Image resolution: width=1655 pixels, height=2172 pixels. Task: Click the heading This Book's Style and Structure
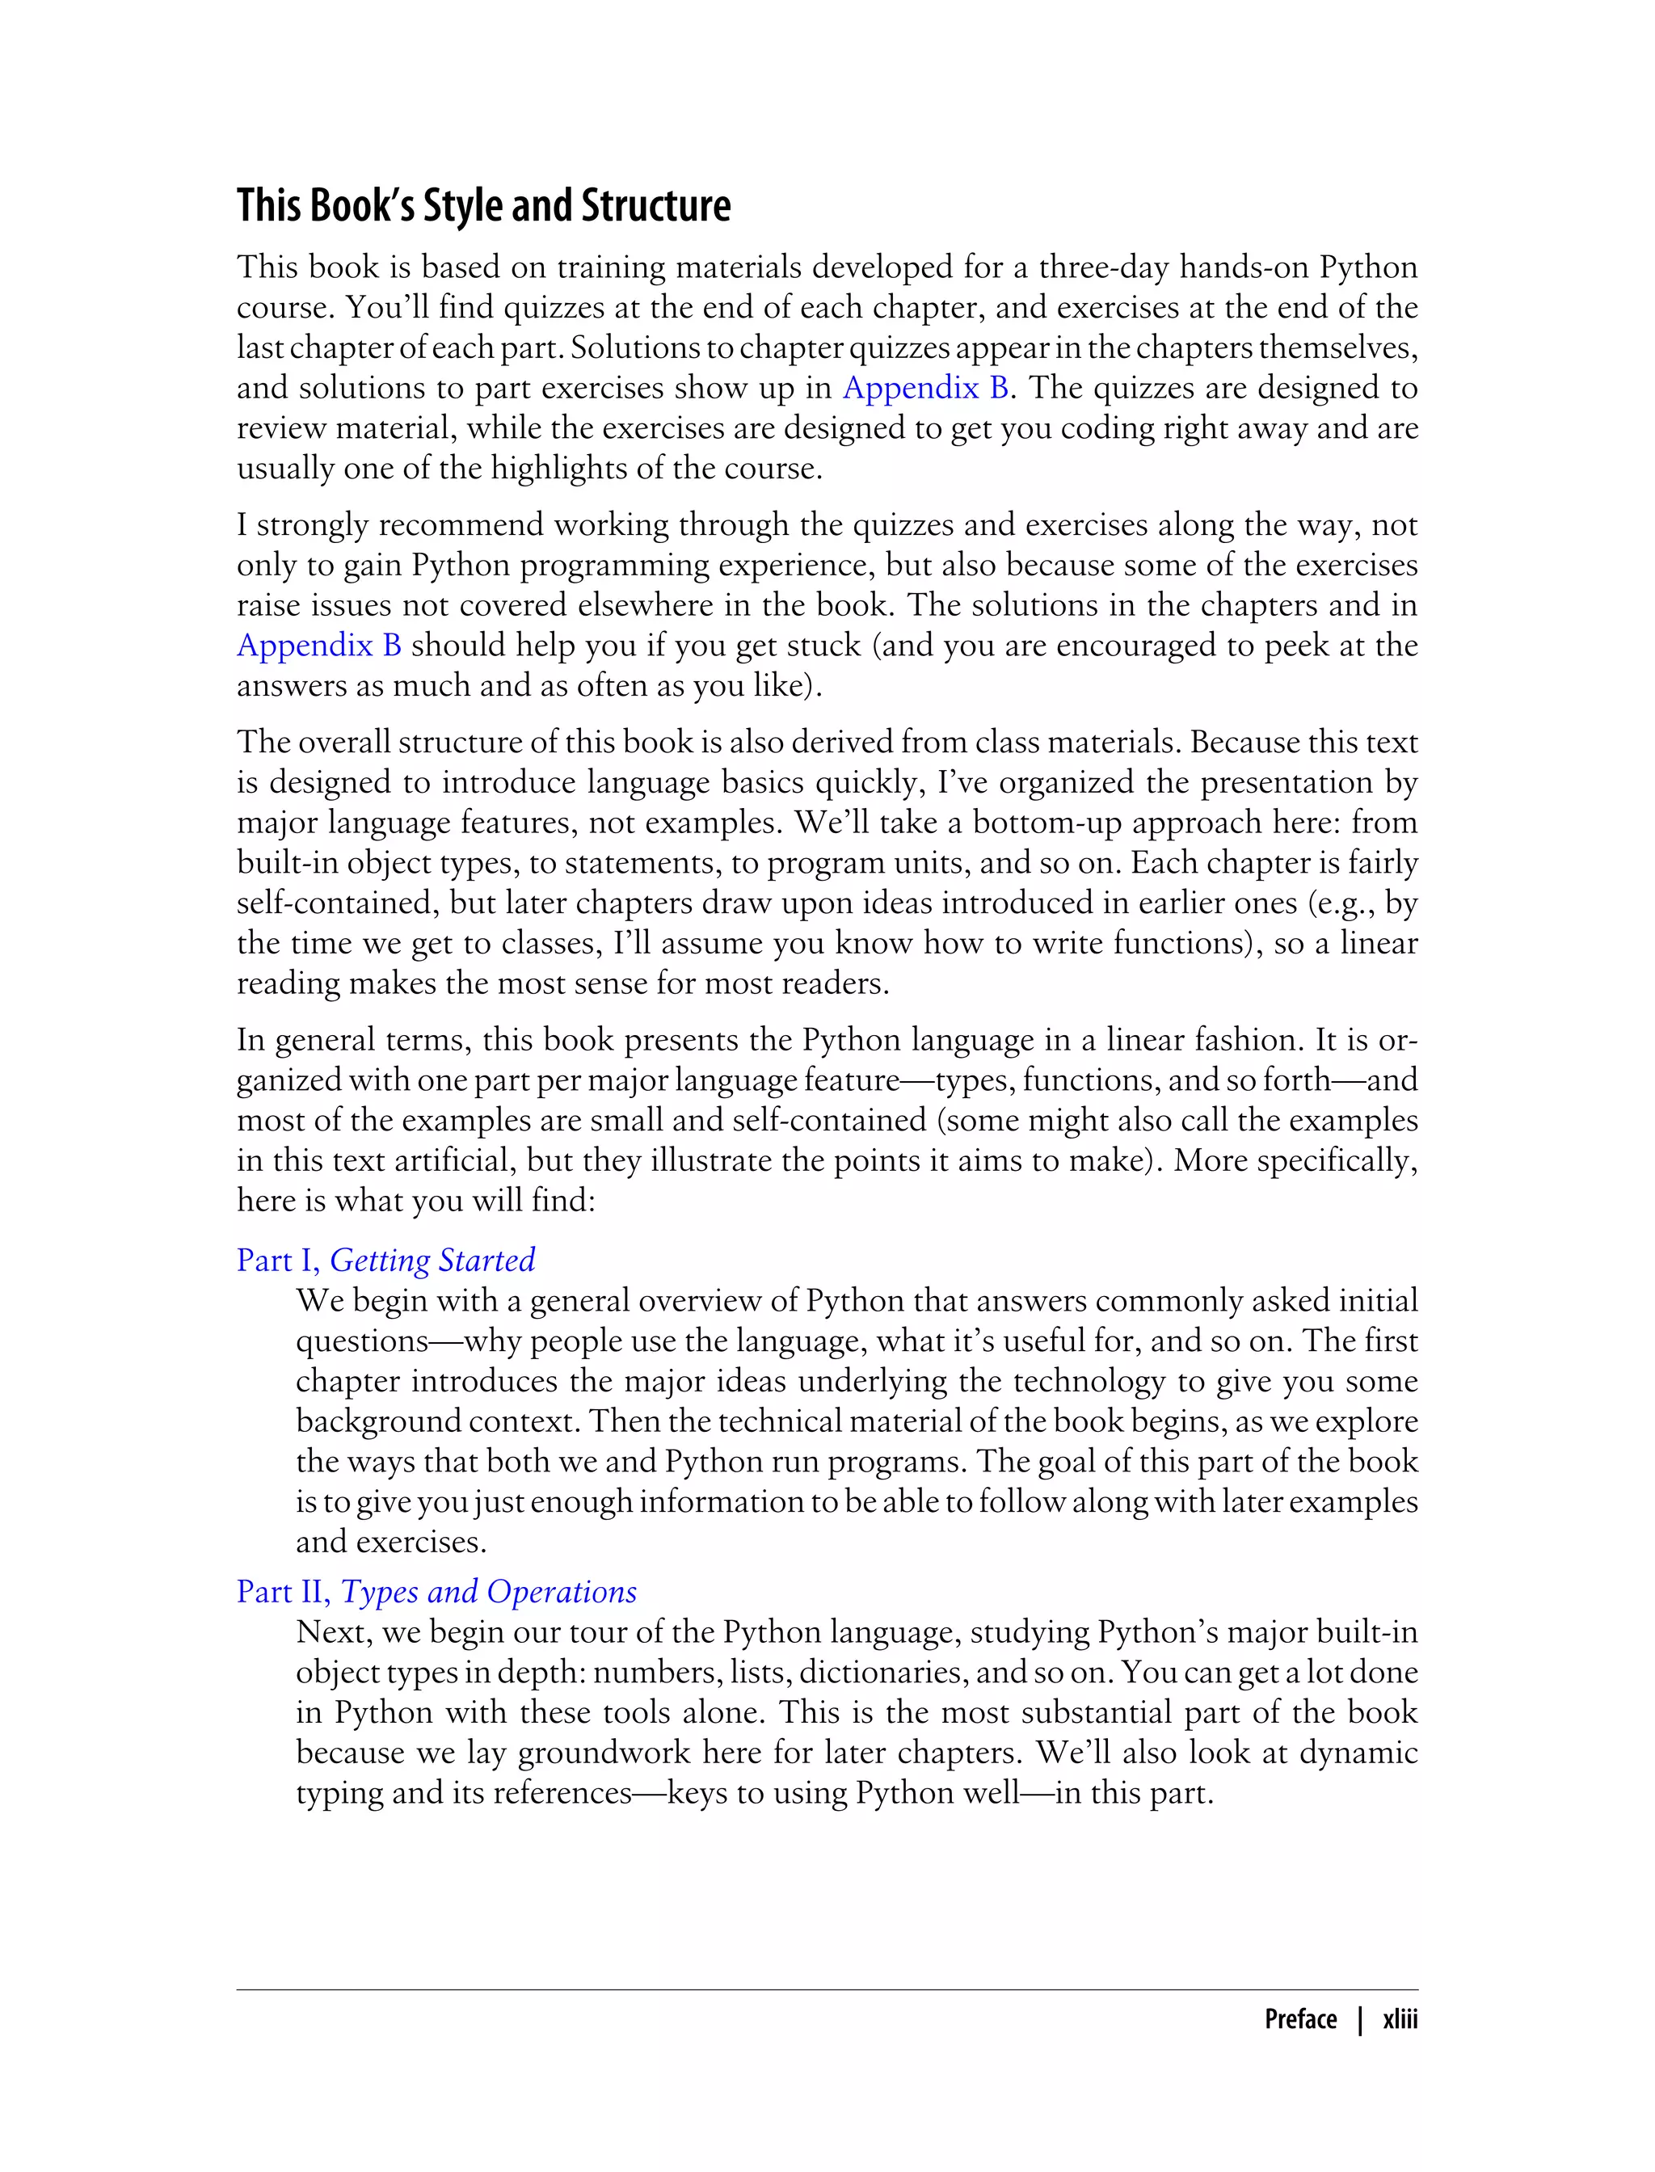coord(482,206)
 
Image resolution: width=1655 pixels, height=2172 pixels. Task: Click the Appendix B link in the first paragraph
coord(925,388)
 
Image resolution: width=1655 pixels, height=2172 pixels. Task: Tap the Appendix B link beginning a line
coord(318,645)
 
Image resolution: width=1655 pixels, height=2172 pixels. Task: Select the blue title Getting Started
coord(432,1260)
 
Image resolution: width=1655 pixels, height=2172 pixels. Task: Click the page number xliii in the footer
coord(1399,2018)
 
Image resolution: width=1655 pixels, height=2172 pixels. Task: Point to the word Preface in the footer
coord(1300,2018)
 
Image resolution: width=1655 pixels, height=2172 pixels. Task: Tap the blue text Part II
coord(283,1592)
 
